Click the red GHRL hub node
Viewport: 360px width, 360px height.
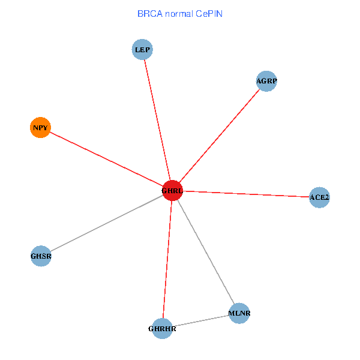click(172, 191)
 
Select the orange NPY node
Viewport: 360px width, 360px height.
click(40, 127)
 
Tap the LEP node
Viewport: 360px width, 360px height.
click(142, 49)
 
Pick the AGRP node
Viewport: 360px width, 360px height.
click(266, 81)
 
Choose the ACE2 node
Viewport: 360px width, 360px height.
click(319, 197)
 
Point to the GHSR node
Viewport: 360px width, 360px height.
click(41, 256)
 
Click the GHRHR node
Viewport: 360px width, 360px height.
click(163, 329)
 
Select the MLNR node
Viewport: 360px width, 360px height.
click(239, 313)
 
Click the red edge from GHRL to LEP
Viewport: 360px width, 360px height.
click(157, 120)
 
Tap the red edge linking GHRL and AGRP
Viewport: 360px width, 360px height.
click(219, 136)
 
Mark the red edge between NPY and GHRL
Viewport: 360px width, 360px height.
click(106, 159)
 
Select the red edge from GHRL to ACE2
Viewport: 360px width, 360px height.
click(246, 194)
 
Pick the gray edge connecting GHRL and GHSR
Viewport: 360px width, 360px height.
click(107, 223)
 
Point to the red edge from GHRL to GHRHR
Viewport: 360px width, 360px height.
click(167, 259)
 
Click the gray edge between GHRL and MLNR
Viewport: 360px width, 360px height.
click(206, 252)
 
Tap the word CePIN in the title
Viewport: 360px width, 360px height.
click(209, 14)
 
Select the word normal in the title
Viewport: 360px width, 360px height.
click(179, 14)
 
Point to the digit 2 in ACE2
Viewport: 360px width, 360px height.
click(326, 197)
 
